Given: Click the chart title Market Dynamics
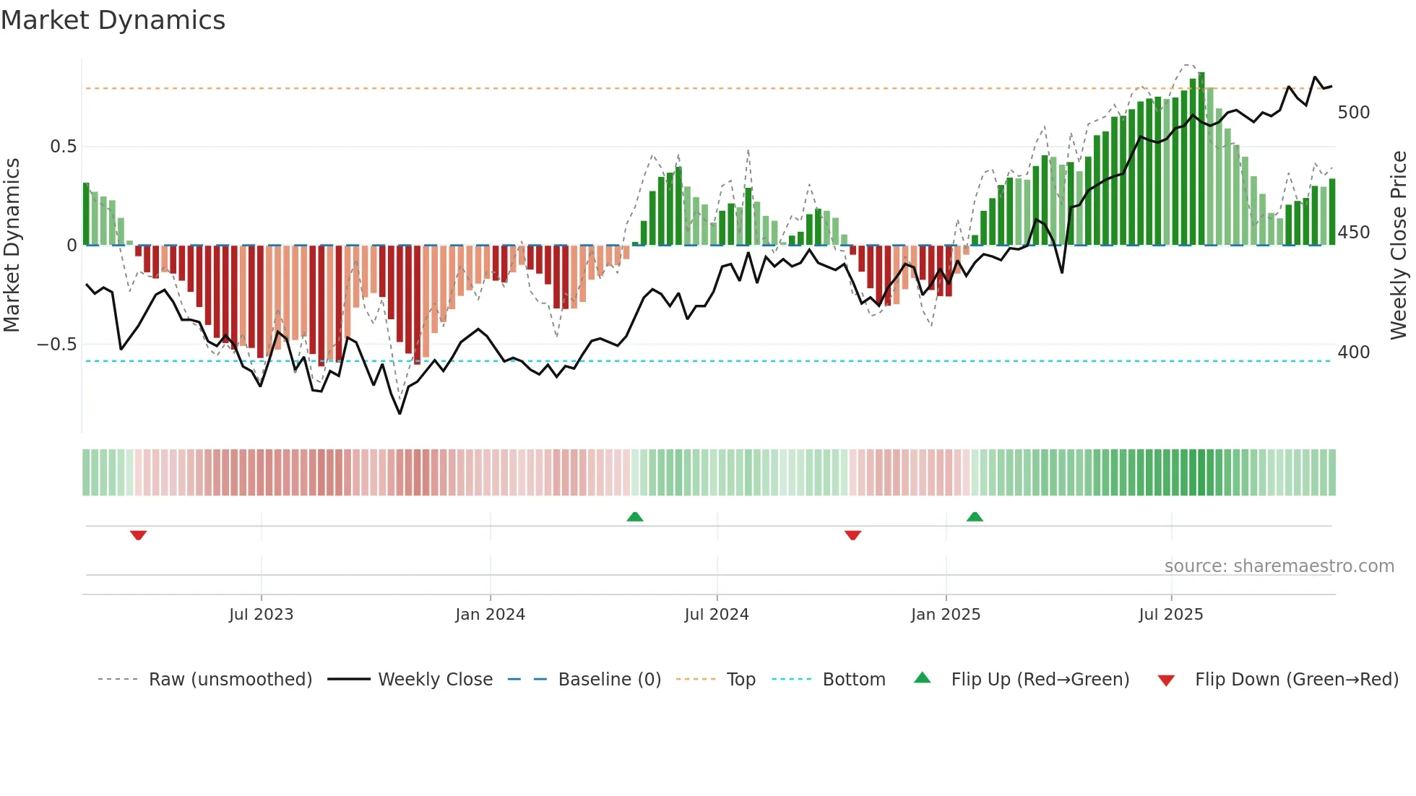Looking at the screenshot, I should click(x=113, y=20).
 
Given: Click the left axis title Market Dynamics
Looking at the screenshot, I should click(x=12, y=246).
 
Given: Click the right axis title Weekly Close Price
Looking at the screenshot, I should click(x=1399, y=246).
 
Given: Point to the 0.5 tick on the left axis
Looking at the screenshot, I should click(x=63, y=147).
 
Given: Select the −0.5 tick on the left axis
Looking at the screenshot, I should click(x=57, y=345).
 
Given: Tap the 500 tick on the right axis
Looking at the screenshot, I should click(x=1353, y=113).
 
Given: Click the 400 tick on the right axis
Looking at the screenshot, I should click(x=1353, y=352).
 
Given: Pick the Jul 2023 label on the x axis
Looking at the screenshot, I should click(x=261, y=615).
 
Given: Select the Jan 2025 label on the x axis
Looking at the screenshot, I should click(x=945, y=615).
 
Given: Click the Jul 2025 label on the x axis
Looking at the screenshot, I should click(x=1170, y=615).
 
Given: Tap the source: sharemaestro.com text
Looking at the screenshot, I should click(x=1279, y=566).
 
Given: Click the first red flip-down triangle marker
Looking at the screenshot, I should click(x=138, y=535).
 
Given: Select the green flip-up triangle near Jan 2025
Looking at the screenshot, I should click(x=975, y=516).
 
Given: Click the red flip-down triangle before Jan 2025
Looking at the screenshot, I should click(x=852, y=535).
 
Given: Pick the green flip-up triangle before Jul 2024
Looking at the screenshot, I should click(x=634, y=516).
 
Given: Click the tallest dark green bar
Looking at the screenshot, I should click(x=1201, y=159).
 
